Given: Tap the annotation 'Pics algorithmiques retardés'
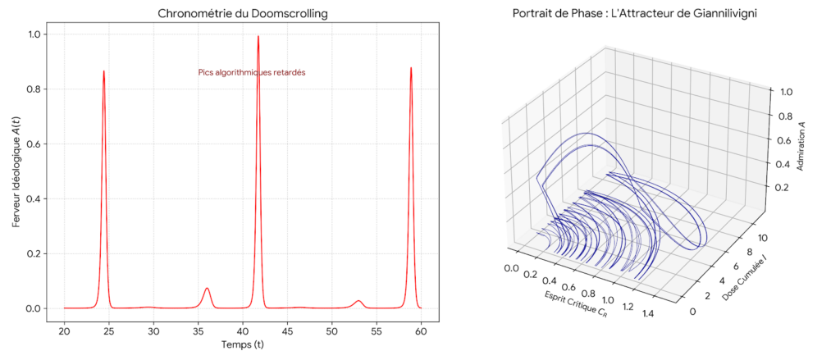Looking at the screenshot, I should [252, 72].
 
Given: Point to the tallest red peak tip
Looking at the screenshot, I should [258, 37].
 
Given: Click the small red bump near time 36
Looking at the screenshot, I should [207, 289].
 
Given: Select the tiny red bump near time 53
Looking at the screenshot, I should [358, 301].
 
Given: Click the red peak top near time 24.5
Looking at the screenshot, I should [103, 71].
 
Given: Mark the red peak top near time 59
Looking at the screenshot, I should [410, 69].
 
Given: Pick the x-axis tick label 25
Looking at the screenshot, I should [108, 330].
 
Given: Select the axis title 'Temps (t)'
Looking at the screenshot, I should [242, 345].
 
